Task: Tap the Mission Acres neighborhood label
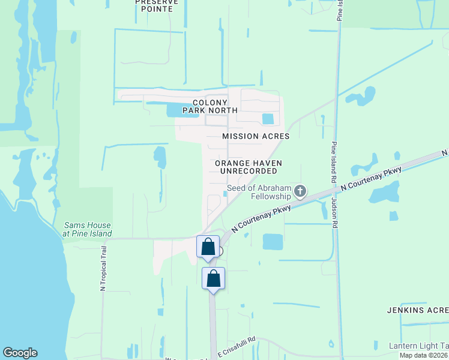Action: click(256, 136)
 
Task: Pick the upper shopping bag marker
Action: click(208, 247)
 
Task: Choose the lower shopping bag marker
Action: click(213, 278)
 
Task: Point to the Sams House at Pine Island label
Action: click(88, 229)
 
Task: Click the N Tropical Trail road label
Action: click(103, 269)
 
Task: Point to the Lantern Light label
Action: click(418, 346)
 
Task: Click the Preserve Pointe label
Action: click(157, 5)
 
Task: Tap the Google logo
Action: click(20, 353)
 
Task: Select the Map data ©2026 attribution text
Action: click(424, 355)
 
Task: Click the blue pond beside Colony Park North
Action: click(174, 109)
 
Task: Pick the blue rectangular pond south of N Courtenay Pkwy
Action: click(273, 242)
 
